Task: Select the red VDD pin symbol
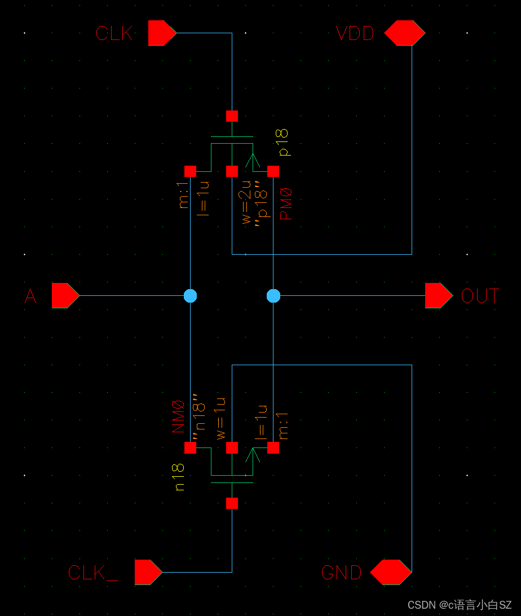pos(404,33)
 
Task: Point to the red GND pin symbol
pos(391,572)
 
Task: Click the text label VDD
pos(355,34)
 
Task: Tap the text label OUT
pos(480,296)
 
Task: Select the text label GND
pos(341,573)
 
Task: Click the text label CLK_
pos(93,573)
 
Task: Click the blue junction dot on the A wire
pos(191,295)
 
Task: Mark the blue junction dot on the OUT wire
pos(273,295)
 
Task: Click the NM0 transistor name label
pos(179,416)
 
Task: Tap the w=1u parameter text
pos(220,418)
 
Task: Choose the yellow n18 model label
pos(179,477)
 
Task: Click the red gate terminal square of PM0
pos(232,116)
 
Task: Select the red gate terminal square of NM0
pos(232,503)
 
